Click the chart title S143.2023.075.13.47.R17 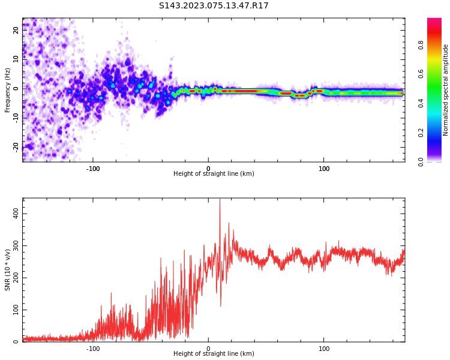pos(214,6)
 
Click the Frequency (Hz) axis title pos(8,90)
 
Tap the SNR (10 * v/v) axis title pos(8,270)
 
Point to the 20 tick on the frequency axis pos(16,29)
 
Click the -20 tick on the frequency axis pos(15,146)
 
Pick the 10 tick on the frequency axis pos(16,59)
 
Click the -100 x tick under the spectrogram pos(93,169)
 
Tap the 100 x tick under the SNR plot pos(324,349)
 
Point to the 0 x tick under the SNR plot pos(208,349)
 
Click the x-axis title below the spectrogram pos(214,174)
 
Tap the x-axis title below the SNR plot pos(214,354)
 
